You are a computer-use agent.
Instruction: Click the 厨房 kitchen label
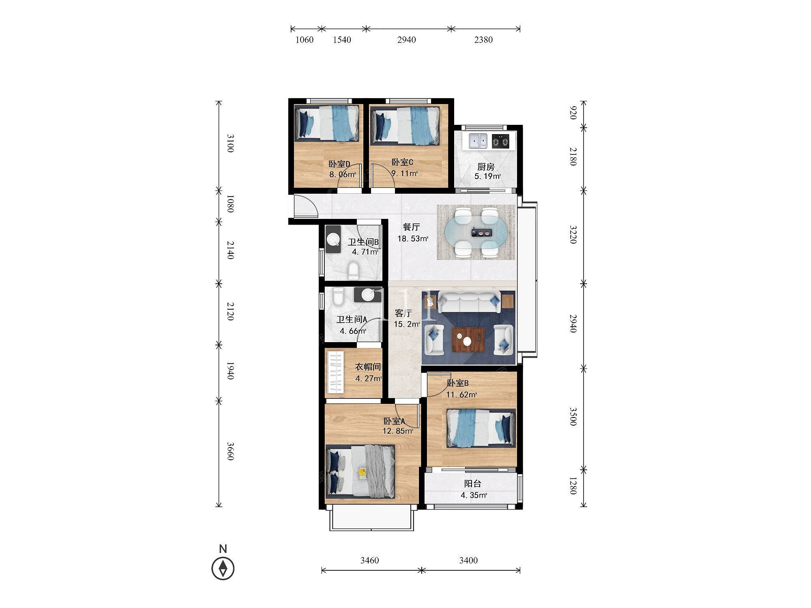486,167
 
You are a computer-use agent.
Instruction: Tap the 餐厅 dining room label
411,227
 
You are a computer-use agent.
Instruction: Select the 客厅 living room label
403,313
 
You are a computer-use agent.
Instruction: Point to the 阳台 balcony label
472,484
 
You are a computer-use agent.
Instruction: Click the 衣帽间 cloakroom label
368,367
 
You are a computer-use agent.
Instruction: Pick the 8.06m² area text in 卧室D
343,175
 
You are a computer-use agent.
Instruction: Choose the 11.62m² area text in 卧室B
461,394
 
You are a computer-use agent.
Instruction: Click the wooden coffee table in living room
469,339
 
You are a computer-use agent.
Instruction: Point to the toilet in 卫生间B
354,271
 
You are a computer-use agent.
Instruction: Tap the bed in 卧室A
360,471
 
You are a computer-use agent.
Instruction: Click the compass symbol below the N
223,568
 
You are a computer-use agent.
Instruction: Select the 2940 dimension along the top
406,40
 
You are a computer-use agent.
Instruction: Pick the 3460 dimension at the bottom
369,561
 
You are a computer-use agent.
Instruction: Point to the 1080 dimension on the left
230,204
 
